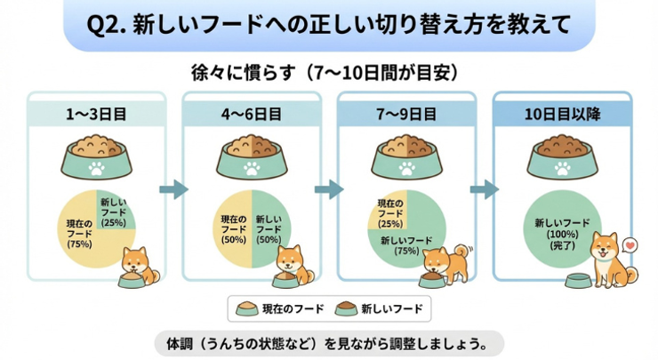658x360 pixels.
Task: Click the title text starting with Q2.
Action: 329,25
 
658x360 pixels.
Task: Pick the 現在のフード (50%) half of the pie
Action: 234,228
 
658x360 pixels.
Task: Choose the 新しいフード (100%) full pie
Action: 562,228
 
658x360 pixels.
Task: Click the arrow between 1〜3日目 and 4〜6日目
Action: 174,189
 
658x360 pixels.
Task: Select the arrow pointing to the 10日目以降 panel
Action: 484,189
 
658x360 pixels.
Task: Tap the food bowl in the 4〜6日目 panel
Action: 252,157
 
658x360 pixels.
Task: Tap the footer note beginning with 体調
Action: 329,342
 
